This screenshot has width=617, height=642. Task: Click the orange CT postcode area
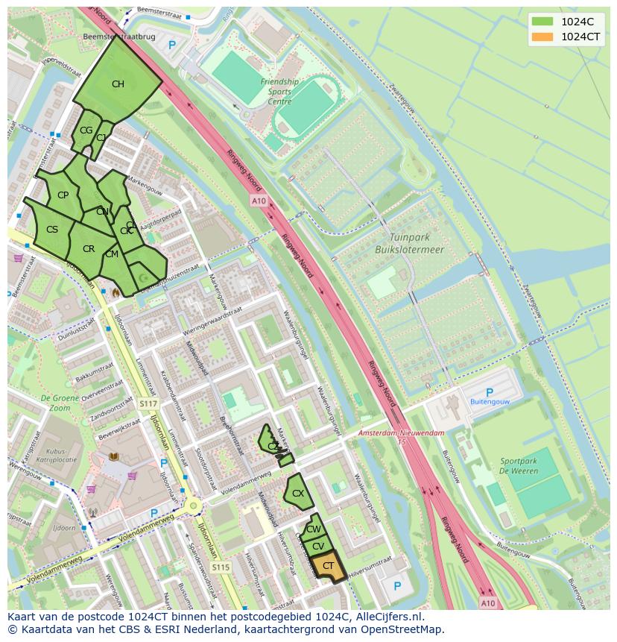click(x=328, y=567)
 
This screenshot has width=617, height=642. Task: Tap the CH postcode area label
click(x=118, y=84)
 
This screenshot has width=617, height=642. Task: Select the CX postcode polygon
click(x=298, y=494)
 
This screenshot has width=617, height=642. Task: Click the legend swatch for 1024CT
click(x=542, y=37)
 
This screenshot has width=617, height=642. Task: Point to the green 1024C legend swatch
click(x=542, y=22)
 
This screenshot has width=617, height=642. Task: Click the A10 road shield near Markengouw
click(x=259, y=201)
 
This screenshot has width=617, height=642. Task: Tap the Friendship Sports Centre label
click(x=279, y=92)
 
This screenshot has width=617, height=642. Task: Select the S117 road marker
click(x=148, y=403)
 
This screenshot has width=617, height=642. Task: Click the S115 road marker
click(x=221, y=567)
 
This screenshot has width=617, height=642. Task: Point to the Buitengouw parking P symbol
click(x=489, y=392)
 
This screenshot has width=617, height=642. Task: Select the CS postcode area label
click(x=52, y=230)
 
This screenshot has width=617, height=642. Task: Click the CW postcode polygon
click(x=313, y=529)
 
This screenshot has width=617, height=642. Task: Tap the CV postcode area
click(x=318, y=547)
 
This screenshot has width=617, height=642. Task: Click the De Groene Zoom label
click(x=56, y=403)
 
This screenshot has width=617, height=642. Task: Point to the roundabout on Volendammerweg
click(x=194, y=507)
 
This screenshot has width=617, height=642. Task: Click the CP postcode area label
click(x=63, y=195)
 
